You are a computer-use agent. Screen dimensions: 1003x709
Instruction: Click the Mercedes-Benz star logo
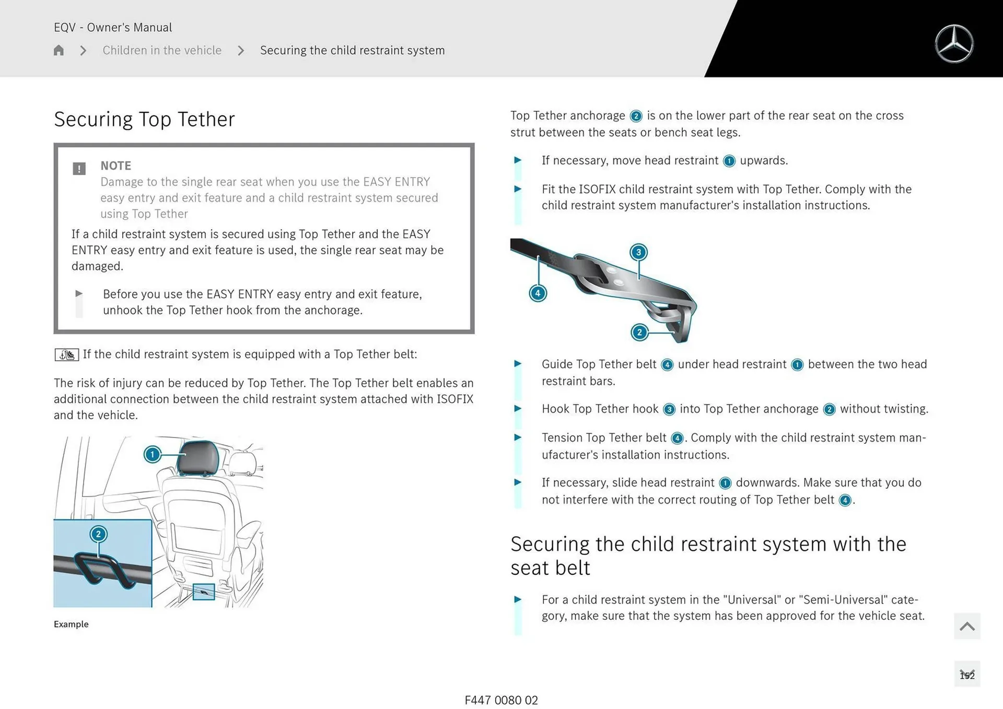pyautogui.click(x=954, y=44)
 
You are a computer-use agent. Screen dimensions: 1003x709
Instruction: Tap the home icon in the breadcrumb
pyautogui.click(x=59, y=50)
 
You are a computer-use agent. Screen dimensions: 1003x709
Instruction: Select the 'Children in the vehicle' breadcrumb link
pyautogui.click(x=162, y=50)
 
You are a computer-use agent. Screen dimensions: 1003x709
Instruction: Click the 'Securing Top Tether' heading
pyautogui.click(x=144, y=119)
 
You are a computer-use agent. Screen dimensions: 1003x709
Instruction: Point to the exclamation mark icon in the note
pyautogui.click(x=79, y=169)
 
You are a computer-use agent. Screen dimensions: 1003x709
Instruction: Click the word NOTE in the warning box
pyautogui.click(x=115, y=166)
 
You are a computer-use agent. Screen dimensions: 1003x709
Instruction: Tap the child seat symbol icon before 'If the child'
pyautogui.click(x=67, y=354)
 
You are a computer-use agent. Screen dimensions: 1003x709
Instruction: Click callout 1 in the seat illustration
pyautogui.click(x=152, y=454)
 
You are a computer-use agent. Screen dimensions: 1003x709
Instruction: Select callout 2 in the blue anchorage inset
pyautogui.click(x=98, y=534)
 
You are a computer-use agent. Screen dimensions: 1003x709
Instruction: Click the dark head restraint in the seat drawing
pyautogui.click(x=199, y=457)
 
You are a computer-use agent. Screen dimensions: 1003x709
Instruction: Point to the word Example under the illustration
pyautogui.click(x=71, y=624)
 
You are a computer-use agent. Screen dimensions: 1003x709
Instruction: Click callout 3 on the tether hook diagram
pyautogui.click(x=638, y=253)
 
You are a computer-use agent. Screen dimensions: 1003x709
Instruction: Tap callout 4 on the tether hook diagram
pyautogui.click(x=538, y=293)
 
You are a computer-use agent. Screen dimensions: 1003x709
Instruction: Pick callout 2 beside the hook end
pyautogui.click(x=639, y=333)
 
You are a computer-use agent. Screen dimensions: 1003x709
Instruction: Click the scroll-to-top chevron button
pyautogui.click(x=967, y=626)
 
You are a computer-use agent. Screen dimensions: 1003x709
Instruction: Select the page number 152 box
pyautogui.click(x=967, y=674)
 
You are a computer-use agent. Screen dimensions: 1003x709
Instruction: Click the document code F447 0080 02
pyautogui.click(x=501, y=700)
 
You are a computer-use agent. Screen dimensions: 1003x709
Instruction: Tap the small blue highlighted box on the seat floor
pyautogui.click(x=204, y=592)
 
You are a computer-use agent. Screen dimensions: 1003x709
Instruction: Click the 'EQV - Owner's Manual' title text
pyautogui.click(x=113, y=27)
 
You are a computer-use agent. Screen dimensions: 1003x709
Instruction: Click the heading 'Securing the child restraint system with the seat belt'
pyautogui.click(x=708, y=556)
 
